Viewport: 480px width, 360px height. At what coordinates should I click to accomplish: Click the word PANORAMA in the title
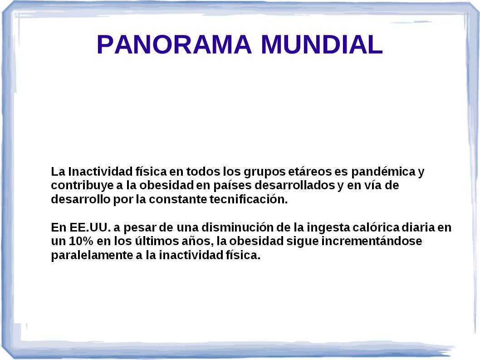(x=174, y=44)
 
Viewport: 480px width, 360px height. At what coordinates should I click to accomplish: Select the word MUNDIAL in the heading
(x=322, y=44)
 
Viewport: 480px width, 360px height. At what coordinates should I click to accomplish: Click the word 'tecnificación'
(x=249, y=199)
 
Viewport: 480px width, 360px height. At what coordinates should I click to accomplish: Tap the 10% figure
(x=81, y=241)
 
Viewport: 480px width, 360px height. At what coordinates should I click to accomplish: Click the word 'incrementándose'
(x=371, y=241)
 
